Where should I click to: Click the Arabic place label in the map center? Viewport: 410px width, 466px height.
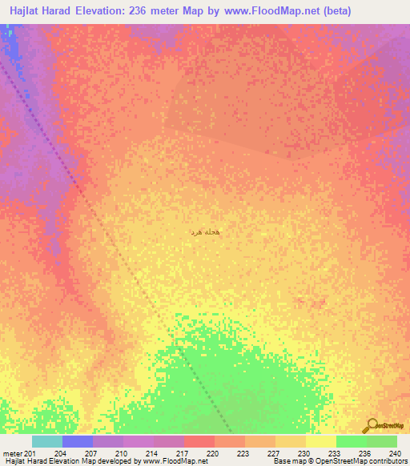pyautogui.click(x=204, y=231)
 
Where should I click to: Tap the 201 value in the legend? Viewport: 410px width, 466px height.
pyautogui.click(x=30, y=453)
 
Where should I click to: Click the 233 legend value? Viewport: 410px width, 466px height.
pyautogui.click(x=332, y=453)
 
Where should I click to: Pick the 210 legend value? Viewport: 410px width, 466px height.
pyautogui.click(x=121, y=453)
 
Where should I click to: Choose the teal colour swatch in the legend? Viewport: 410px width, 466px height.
pyautogui.click(x=46, y=441)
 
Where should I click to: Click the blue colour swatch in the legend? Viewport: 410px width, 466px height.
pyautogui.click(x=77, y=441)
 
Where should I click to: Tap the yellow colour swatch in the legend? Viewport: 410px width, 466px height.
pyautogui.click(x=320, y=441)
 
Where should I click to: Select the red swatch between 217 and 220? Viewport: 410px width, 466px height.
pyautogui.click(x=199, y=441)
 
